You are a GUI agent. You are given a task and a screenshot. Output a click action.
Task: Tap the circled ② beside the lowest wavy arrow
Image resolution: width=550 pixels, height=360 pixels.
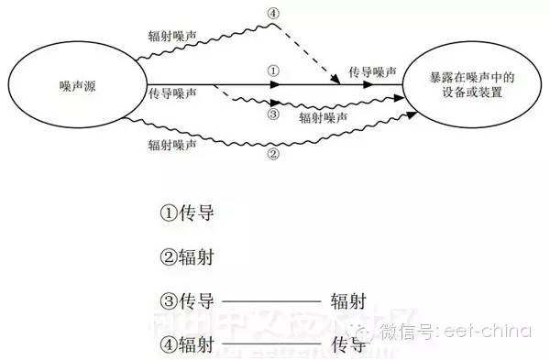(272, 155)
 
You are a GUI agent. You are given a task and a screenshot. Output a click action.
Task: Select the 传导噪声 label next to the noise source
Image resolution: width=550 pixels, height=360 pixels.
(171, 93)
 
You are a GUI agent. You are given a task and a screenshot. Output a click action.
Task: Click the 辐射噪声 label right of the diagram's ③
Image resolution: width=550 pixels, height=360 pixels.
(323, 117)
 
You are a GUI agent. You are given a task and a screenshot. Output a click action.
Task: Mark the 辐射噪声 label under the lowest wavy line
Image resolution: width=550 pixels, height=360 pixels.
(170, 144)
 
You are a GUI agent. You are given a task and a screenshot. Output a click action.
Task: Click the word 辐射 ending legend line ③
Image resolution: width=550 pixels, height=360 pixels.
(348, 300)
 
